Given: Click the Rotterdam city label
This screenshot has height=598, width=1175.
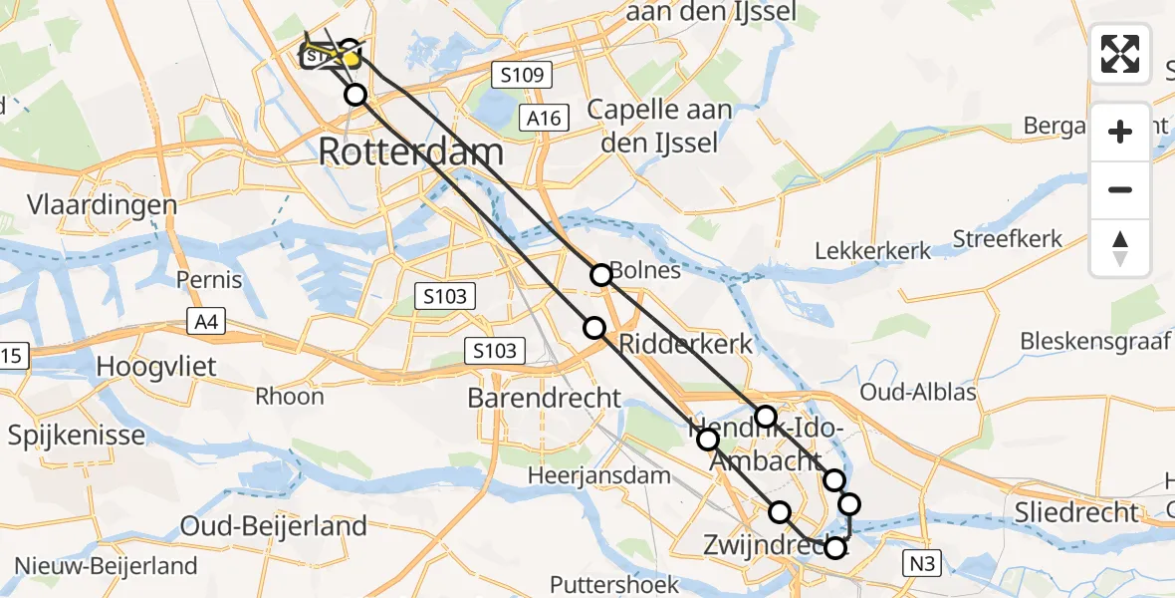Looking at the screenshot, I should point(410,153).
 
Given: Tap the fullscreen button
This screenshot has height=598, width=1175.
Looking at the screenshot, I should point(1120,54).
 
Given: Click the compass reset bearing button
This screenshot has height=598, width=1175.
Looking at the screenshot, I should point(1120,248).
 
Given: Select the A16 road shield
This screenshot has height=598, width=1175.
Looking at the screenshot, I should point(545,119).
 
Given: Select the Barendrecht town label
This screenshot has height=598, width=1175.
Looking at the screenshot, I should point(545,399).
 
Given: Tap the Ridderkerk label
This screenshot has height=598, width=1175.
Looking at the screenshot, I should point(686,345).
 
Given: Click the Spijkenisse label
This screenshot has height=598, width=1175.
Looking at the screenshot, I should point(76,436).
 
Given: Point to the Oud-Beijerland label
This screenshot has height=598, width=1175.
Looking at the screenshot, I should point(274,525).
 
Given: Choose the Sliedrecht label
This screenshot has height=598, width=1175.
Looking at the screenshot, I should point(1075,512).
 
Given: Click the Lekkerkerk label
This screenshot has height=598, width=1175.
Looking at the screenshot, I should point(873,250).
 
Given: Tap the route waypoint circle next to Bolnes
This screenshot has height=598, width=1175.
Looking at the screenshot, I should point(600,274).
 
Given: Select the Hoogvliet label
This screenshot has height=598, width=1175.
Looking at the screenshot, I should point(155,367).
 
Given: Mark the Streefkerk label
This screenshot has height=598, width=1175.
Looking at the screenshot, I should point(1007,239).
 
